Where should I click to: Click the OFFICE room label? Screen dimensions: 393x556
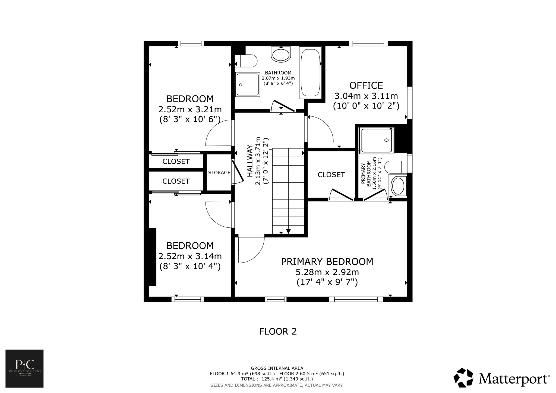(366, 85)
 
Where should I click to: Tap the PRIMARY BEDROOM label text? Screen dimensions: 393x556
(327, 262)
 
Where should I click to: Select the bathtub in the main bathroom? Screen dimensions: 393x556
(310, 73)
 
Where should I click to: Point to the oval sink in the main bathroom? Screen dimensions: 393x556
(281, 55)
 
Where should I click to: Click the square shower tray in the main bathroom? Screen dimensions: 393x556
(247, 84)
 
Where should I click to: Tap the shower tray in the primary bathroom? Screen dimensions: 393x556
(376, 140)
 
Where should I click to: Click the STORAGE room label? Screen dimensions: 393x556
(219, 173)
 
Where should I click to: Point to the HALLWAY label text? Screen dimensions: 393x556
(250, 161)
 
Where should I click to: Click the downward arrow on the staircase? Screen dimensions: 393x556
(288, 231)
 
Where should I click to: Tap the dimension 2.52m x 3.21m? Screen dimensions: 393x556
(190, 109)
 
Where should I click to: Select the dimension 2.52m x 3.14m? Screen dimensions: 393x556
(190, 256)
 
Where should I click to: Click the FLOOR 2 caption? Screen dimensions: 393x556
(278, 332)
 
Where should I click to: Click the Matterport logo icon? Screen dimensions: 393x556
(463, 378)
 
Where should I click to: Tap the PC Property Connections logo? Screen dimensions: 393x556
(24, 368)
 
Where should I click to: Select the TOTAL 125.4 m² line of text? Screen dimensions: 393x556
(277, 379)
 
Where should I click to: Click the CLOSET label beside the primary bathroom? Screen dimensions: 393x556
(331, 175)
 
